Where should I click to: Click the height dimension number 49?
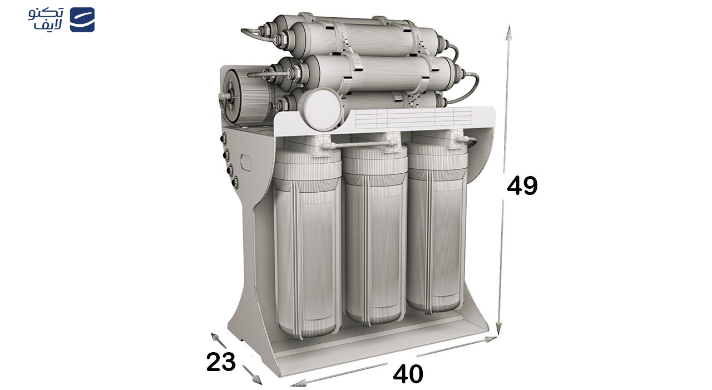click(522, 186)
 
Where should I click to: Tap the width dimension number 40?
click(408, 373)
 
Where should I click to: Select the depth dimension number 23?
click(221, 362)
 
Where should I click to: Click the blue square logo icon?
click(82, 19)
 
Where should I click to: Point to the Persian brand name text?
click(46, 19)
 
